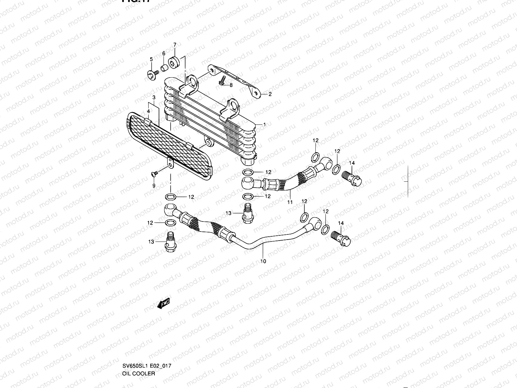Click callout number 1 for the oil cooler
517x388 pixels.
point(265,124)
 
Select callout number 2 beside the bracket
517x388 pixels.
point(270,94)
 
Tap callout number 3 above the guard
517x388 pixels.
point(154,97)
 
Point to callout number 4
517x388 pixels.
point(148,111)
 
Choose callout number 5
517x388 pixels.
point(151,59)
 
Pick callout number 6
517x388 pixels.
point(164,53)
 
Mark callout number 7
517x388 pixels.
point(175,44)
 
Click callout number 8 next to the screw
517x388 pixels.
point(231,85)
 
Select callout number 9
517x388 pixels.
point(154,186)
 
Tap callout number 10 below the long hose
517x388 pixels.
point(263,261)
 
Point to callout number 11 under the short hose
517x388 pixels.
point(290,202)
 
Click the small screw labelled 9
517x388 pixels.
point(154,174)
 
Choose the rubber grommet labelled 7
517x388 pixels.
point(174,61)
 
